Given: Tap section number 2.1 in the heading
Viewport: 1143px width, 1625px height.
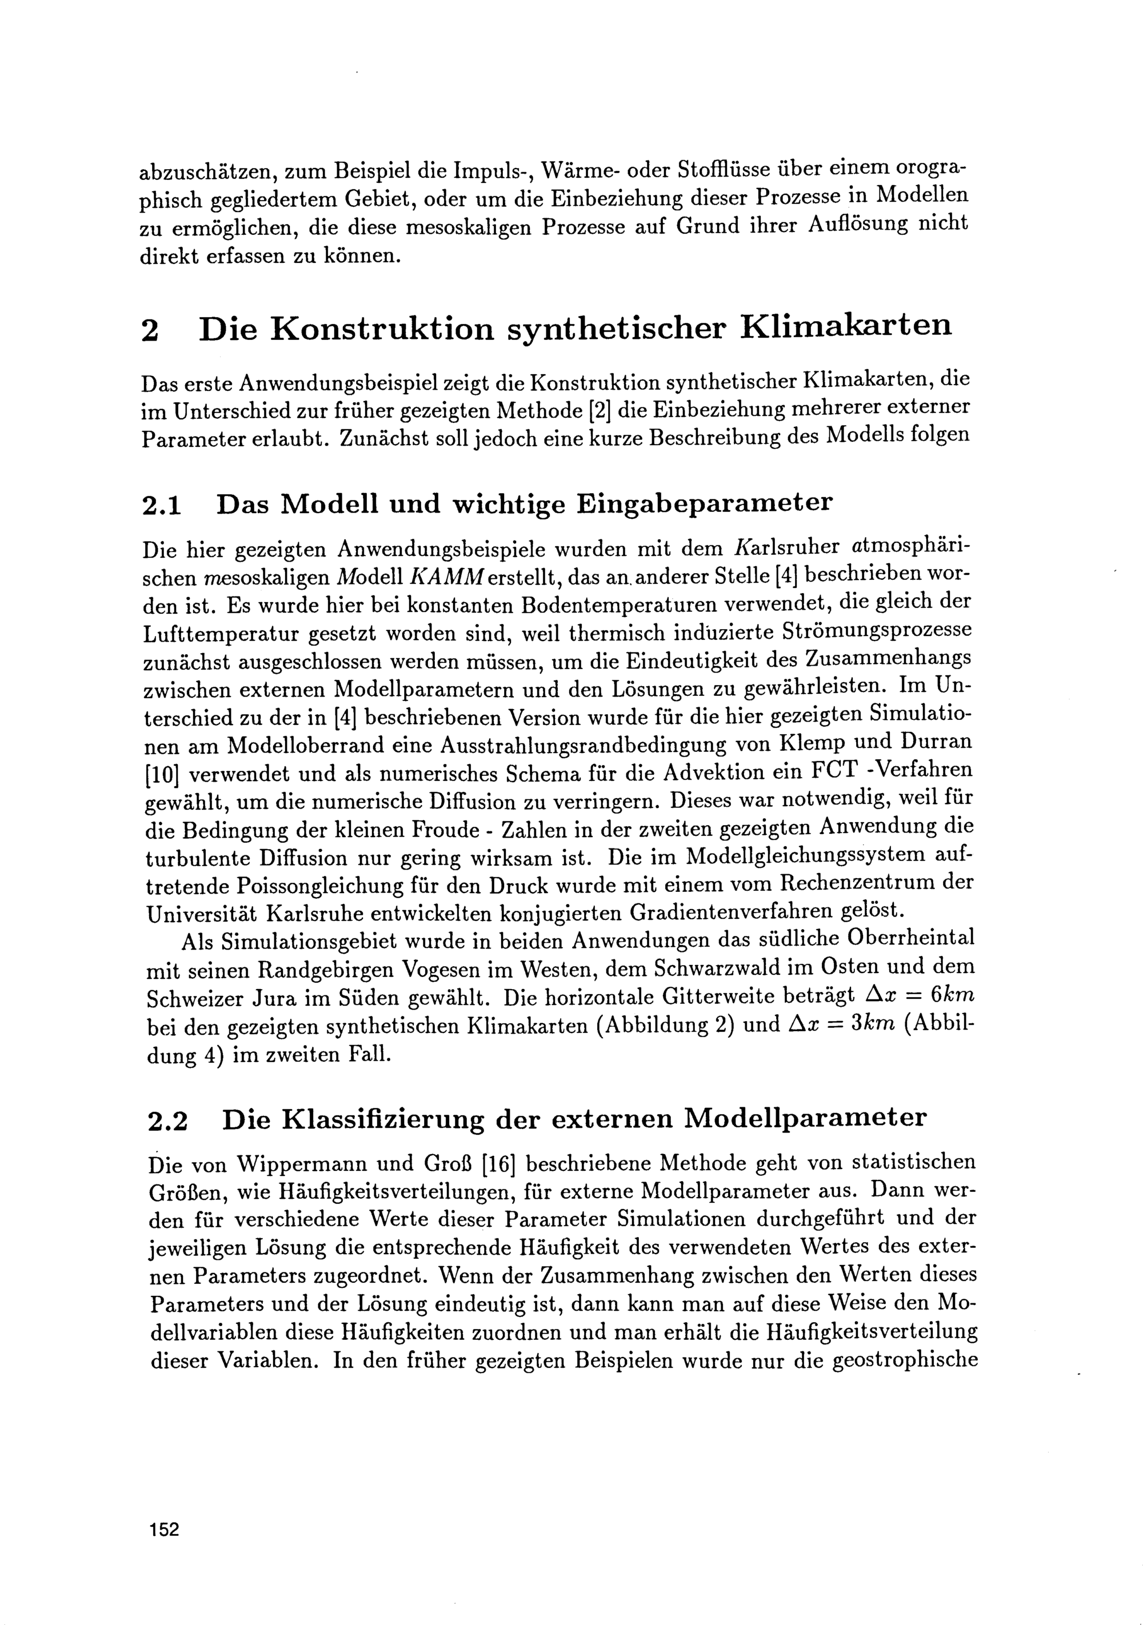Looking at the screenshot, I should click(162, 505).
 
